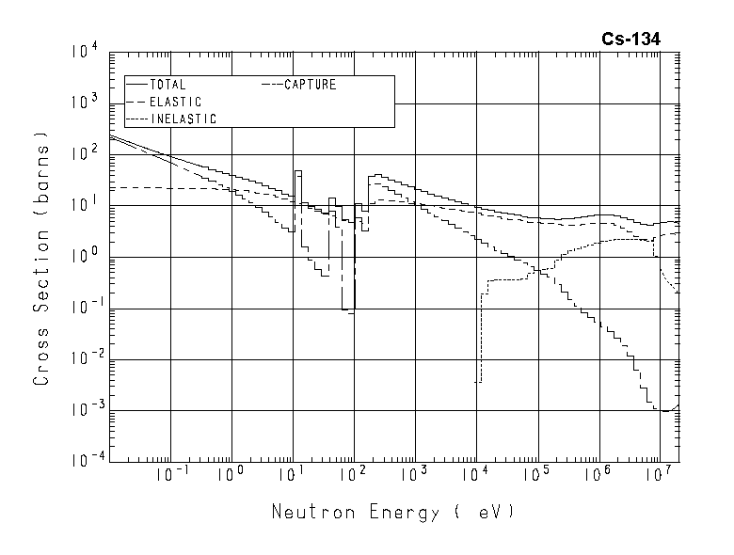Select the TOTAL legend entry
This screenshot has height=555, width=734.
168,85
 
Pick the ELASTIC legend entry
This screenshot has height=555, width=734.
175,102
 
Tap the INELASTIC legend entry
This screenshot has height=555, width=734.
183,119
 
